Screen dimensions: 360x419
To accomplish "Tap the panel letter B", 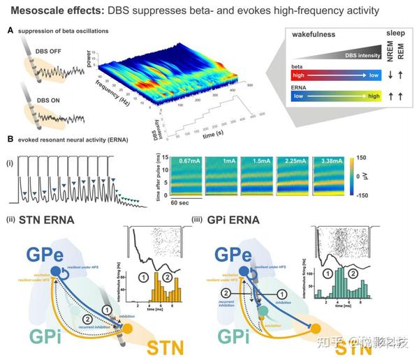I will (x=9, y=139).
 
